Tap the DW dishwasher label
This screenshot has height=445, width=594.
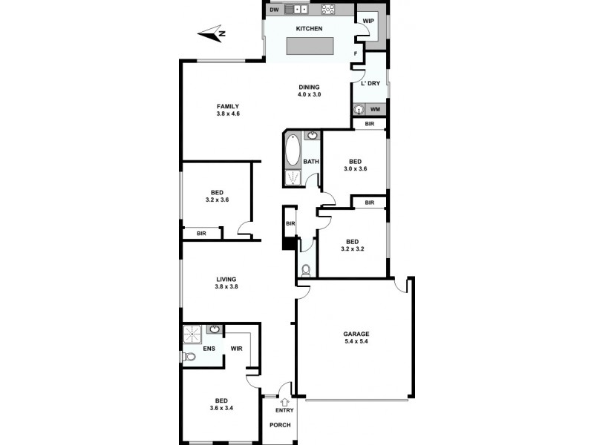[274, 10]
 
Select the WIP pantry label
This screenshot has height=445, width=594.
[368, 21]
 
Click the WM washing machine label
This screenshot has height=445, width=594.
[375, 110]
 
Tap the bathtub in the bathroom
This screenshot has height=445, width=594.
[292, 151]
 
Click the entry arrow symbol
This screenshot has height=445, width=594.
[284, 401]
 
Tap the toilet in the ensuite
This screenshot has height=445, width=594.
[189, 357]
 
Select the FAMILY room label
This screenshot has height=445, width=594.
[228, 105]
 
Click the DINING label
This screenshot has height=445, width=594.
[309, 87]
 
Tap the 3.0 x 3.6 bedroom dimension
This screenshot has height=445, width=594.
[355, 169]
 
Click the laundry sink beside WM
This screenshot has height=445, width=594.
[359, 110]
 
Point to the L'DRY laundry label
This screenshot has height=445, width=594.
[370, 83]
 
